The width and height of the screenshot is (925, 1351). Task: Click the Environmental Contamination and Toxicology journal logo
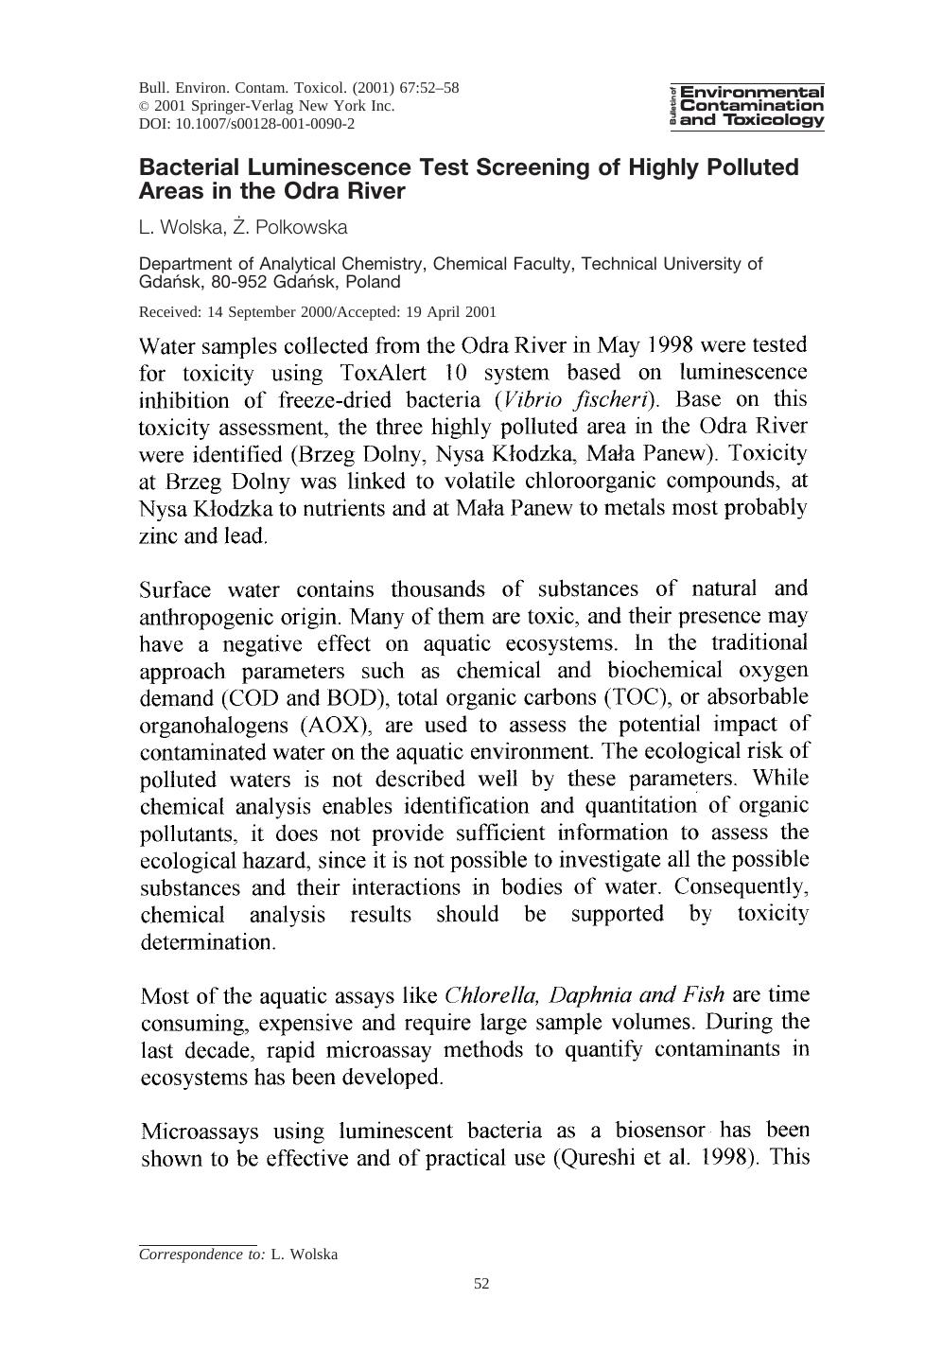click(747, 106)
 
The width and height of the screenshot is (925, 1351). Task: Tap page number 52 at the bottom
click(481, 1284)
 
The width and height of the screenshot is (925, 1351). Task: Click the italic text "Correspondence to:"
click(202, 1254)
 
